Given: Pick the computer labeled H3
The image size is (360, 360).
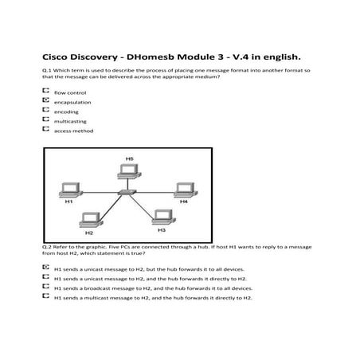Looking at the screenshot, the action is click(x=162, y=216).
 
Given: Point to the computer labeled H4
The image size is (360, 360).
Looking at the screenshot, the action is click(x=184, y=190).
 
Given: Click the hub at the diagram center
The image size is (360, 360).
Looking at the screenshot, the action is click(x=126, y=194).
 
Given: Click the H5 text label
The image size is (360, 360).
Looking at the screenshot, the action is click(x=130, y=158).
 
